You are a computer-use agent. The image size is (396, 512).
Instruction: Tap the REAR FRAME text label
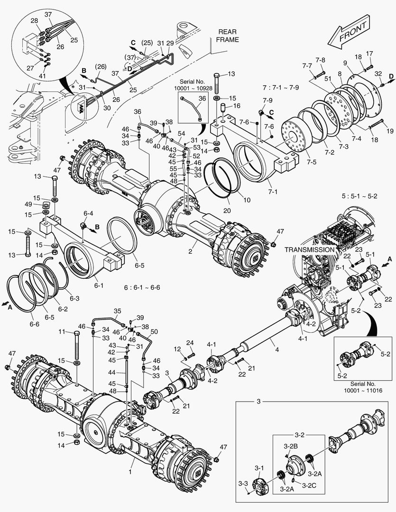(x=227, y=36)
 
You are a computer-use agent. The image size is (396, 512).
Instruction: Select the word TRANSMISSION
(x=310, y=249)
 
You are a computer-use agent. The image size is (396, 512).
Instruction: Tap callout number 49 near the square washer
(x=29, y=204)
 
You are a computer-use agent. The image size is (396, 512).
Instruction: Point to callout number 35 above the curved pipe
(x=118, y=311)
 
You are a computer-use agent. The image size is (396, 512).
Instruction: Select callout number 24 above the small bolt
(x=190, y=342)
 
